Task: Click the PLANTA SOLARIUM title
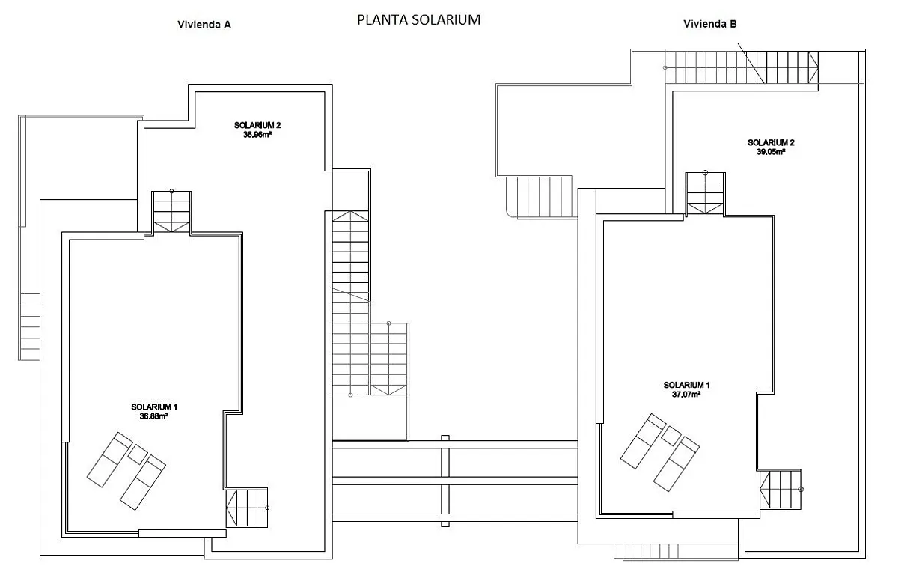point(418,20)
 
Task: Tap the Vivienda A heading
point(204,25)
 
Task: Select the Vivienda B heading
point(709,24)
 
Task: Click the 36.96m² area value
point(257,135)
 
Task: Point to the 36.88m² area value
point(154,416)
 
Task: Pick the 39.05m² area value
point(771,152)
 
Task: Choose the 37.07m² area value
point(686,395)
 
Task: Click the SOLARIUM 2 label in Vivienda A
point(257,125)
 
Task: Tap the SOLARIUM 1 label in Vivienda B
point(686,385)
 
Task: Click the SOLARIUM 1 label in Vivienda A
point(154,407)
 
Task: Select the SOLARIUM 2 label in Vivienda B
point(771,142)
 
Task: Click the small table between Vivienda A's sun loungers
point(138,454)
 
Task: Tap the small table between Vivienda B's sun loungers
point(671,436)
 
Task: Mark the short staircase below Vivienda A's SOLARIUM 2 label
point(171,213)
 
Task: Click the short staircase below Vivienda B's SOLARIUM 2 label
point(705,194)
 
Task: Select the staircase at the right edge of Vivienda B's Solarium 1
point(780,489)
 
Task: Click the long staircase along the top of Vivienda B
point(742,67)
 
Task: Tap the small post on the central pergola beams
point(445,481)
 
